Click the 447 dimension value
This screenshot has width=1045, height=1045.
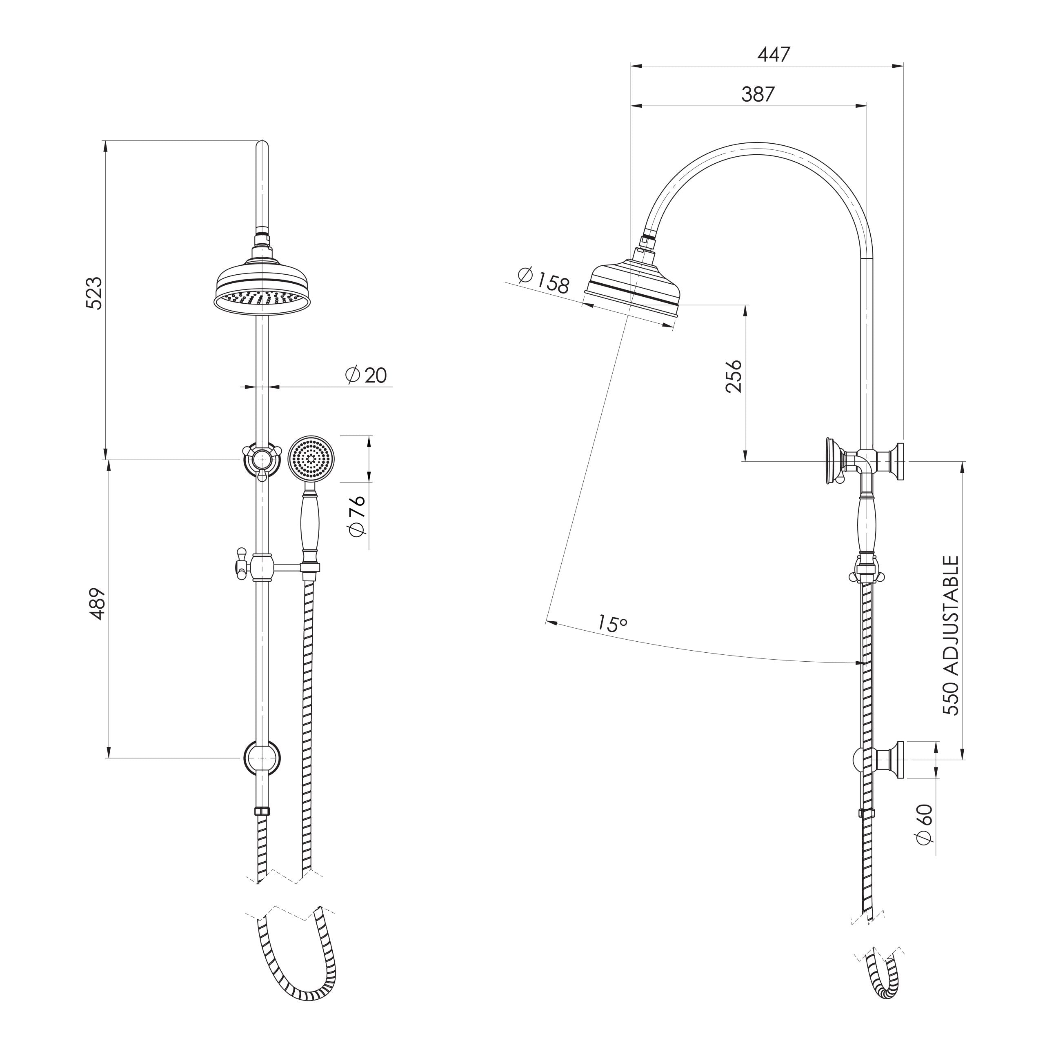[774, 54]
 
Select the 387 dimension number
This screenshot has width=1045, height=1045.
[758, 94]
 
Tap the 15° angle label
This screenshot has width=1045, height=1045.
[612, 623]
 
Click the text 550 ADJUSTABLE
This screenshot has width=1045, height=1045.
[950, 635]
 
